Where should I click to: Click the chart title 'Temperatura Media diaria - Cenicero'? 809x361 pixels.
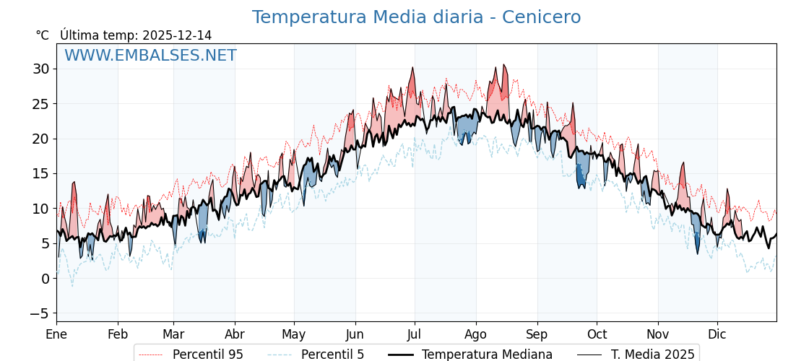coord(416,17)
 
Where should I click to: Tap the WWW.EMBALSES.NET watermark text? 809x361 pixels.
coord(150,56)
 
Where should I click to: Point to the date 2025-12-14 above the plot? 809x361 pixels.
coord(177,35)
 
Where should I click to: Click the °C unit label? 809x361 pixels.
coord(42,35)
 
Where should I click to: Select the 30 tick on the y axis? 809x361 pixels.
coord(40,69)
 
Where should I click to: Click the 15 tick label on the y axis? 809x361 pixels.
coord(40,174)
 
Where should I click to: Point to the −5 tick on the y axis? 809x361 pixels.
coord(39,313)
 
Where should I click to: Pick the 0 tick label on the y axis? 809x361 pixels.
coord(45,279)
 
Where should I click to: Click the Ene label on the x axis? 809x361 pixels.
coord(56,335)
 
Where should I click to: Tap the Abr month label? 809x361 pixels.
coord(235,335)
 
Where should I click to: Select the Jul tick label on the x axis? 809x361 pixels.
coord(415,335)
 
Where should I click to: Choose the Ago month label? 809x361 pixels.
coord(476,335)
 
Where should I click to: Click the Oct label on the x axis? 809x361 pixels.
coord(597,335)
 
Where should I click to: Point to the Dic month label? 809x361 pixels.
coord(717,335)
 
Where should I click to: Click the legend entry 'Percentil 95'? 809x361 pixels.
coord(208,355)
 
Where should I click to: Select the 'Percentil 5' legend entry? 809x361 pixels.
coord(332,355)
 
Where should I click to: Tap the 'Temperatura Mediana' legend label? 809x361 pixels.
coord(487,355)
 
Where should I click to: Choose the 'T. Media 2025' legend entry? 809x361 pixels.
coord(652,355)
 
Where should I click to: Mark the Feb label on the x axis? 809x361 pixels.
coord(118,335)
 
